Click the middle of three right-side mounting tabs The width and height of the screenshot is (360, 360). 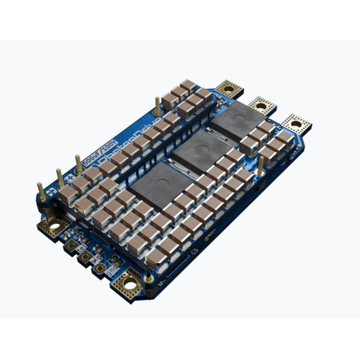[262, 106]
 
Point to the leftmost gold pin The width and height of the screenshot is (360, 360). [40, 190]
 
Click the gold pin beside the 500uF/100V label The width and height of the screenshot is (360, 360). [79, 164]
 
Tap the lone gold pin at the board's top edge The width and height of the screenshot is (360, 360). [157, 105]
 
